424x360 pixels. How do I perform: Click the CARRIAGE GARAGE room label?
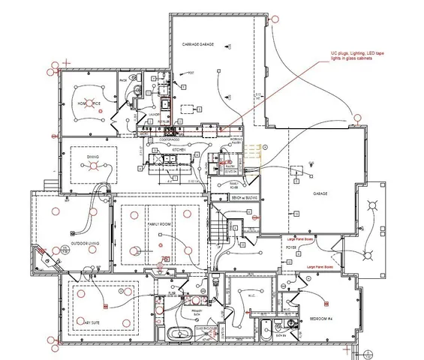(198, 45)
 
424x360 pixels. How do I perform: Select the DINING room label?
(92, 157)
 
